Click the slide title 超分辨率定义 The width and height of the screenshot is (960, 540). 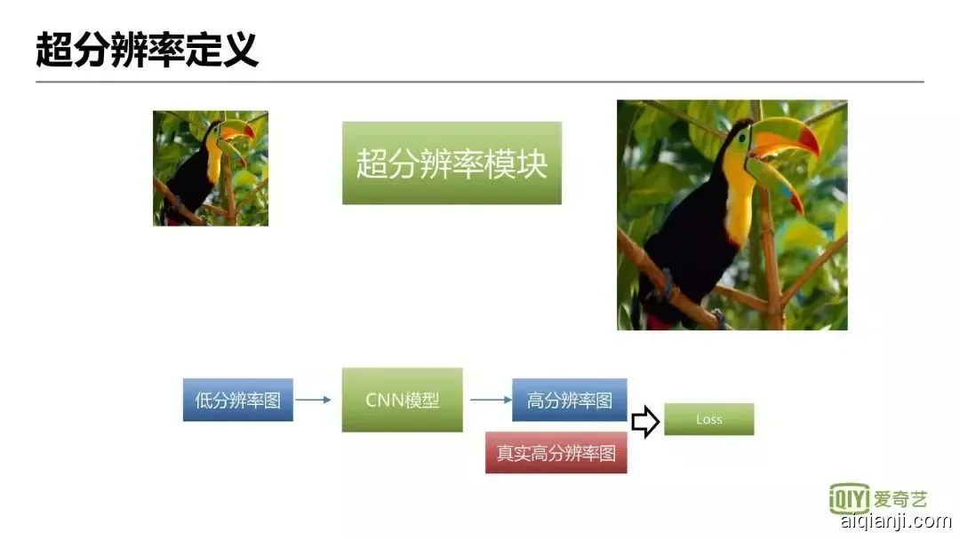click(147, 51)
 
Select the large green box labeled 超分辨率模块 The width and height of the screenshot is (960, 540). click(452, 163)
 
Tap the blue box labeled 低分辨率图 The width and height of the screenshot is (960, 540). click(237, 400)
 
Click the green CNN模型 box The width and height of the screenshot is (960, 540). click(402, 400)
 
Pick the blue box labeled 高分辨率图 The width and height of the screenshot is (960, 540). click(569, 400)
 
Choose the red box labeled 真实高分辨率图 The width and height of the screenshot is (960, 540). click(556, 453)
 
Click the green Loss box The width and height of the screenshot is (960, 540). click(708, 419)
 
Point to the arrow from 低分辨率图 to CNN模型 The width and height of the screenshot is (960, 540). click(313, 400)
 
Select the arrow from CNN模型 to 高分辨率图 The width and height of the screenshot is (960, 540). click(490, 400)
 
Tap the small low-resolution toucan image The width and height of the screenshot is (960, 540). click(210, 168)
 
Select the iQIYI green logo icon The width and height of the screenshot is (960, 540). click(848, 498)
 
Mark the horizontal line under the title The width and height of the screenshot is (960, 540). click(479, 82)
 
